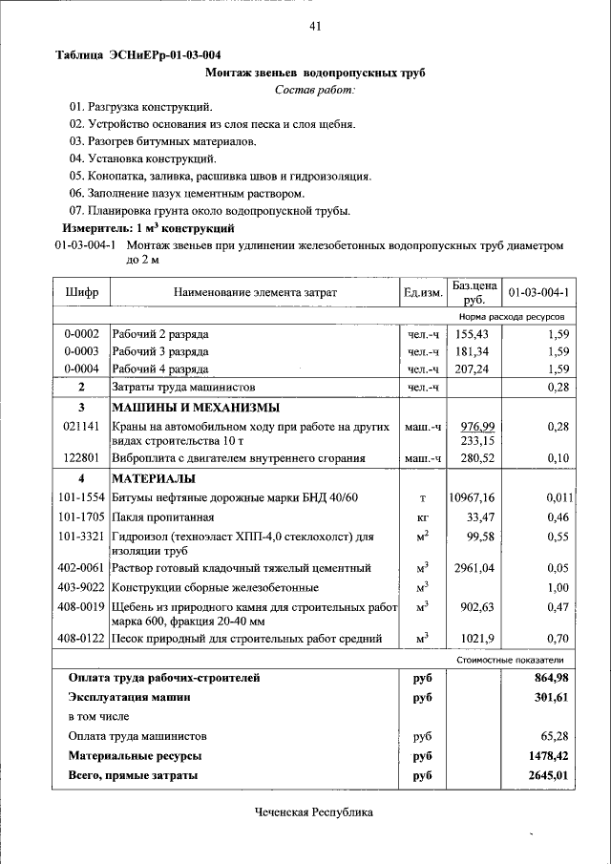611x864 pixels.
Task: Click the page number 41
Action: [314, 26]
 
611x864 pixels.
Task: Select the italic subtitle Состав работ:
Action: [314, 89]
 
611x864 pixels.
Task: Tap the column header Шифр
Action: [82, 291]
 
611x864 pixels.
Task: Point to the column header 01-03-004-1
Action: [538, 291]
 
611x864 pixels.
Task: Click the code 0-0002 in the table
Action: [81, 334]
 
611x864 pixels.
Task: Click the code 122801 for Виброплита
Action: [81, 458]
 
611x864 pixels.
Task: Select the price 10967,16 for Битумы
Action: [472, 497]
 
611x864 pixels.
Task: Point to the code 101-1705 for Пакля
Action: [81, 516]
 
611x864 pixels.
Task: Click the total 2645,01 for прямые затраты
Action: [548, 776]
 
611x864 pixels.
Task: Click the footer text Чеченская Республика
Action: [314, 812]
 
